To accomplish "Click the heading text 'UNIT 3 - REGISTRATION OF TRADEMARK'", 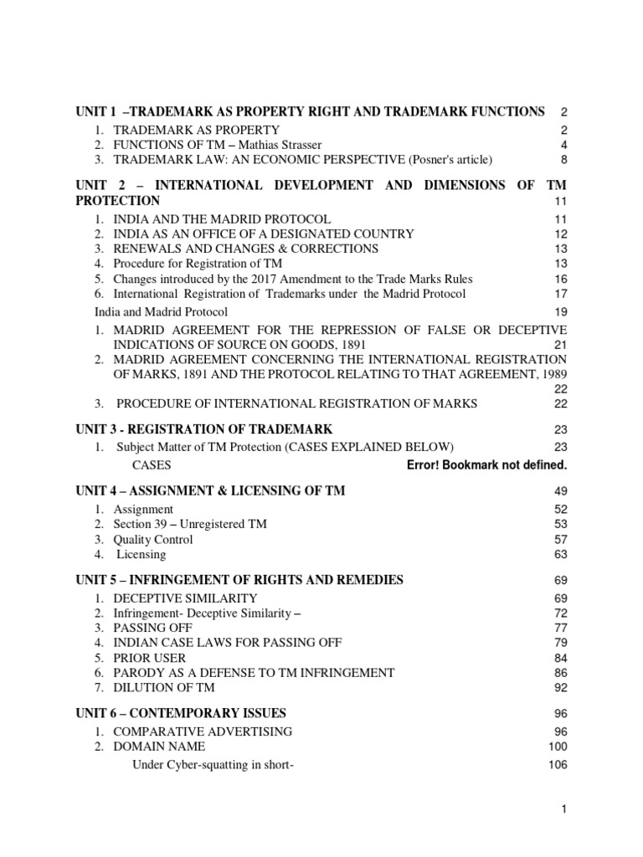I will tap(204, 429).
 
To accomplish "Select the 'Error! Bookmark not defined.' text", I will tap(486, 464).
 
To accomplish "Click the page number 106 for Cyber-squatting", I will tap(558, 765).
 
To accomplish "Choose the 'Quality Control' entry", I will tap(153, 540).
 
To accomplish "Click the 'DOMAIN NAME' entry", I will tap(159, 747).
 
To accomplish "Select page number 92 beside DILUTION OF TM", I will tap(560, 688).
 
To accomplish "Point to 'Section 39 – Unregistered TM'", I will tap(190, 525).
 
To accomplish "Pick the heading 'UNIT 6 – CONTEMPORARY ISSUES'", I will tap(181, 714).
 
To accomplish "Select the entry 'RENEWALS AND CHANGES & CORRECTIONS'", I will tap(245, 249).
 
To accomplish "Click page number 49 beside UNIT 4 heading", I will tap(560, 491).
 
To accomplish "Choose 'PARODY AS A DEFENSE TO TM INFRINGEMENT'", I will tap(254, 673).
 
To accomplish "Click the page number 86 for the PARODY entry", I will tap(560, 673).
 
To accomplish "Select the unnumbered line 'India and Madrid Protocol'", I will tap(160, 311).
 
